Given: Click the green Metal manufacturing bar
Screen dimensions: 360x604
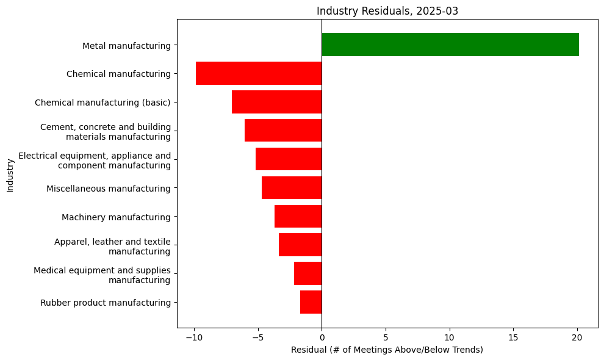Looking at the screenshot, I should tap(450, 45).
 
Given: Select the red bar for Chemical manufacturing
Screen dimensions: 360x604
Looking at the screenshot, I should tap(259, 73).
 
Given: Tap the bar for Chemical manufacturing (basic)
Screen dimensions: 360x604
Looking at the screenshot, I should tap(276, 102).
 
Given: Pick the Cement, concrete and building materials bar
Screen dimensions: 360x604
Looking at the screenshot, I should tap(283, 131).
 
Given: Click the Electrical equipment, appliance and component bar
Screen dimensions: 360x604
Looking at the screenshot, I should tap(289, 159).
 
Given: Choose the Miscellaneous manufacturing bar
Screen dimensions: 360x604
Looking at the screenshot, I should tap(292, 188).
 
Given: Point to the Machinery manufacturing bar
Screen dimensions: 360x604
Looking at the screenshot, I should tap(298, 217).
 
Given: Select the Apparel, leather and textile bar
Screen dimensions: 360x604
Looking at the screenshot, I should tap(300, 245).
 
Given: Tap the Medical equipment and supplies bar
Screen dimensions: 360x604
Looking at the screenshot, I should tap(307, 273).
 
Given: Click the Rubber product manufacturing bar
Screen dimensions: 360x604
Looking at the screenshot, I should tap(311, 302).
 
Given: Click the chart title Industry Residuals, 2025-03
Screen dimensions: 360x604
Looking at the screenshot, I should tap(387, 10).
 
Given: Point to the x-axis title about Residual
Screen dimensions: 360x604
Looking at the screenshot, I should tap(387, 350).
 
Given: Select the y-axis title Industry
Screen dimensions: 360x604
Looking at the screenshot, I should tap(10, 175).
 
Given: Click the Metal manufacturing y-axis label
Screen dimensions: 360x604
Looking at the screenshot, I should tap(126, 45).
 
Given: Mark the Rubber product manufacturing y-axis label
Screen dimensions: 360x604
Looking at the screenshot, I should tap(106, 303).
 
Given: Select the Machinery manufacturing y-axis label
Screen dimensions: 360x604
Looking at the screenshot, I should tap(116, 217).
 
